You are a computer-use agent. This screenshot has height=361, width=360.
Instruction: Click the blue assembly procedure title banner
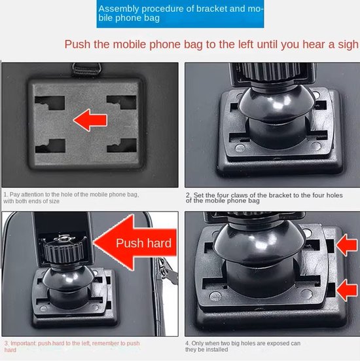tap(180, 14)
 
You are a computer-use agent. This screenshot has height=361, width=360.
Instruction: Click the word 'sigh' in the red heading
tap(348, 45)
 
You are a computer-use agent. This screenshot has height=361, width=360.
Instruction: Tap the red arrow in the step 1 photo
tap(90, 120)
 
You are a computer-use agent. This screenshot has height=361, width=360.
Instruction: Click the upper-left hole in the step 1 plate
tap(50, 103)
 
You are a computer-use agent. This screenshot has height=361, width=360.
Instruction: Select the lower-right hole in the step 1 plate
tap(122, 145)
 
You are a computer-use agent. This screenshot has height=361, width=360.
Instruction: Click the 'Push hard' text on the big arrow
tap(143, 243)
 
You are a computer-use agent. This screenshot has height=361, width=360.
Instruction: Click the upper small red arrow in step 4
tap(347, 245)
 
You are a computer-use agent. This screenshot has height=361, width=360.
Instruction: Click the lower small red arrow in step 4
tap(347, 290)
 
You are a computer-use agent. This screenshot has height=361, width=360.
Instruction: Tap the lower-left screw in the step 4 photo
tap(215, 296)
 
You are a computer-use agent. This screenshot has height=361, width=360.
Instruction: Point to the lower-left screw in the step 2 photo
tap(240, 148)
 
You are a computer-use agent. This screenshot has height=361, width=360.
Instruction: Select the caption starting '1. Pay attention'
tap(71, 198)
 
